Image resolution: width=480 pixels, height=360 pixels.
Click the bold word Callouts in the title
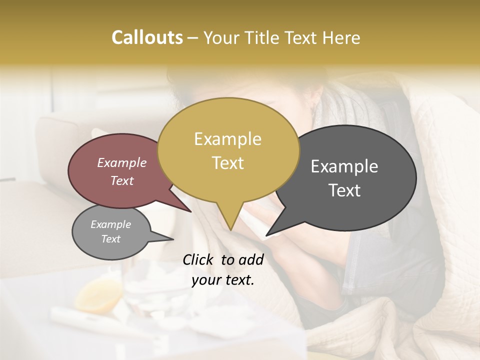147,37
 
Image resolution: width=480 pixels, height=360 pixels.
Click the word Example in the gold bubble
227,139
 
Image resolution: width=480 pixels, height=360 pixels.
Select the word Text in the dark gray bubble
345,190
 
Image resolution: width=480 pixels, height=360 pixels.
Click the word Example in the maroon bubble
121,162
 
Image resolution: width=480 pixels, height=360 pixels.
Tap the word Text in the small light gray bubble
111,239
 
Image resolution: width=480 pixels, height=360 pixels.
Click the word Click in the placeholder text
199,259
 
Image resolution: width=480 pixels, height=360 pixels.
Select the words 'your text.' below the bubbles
223,280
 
